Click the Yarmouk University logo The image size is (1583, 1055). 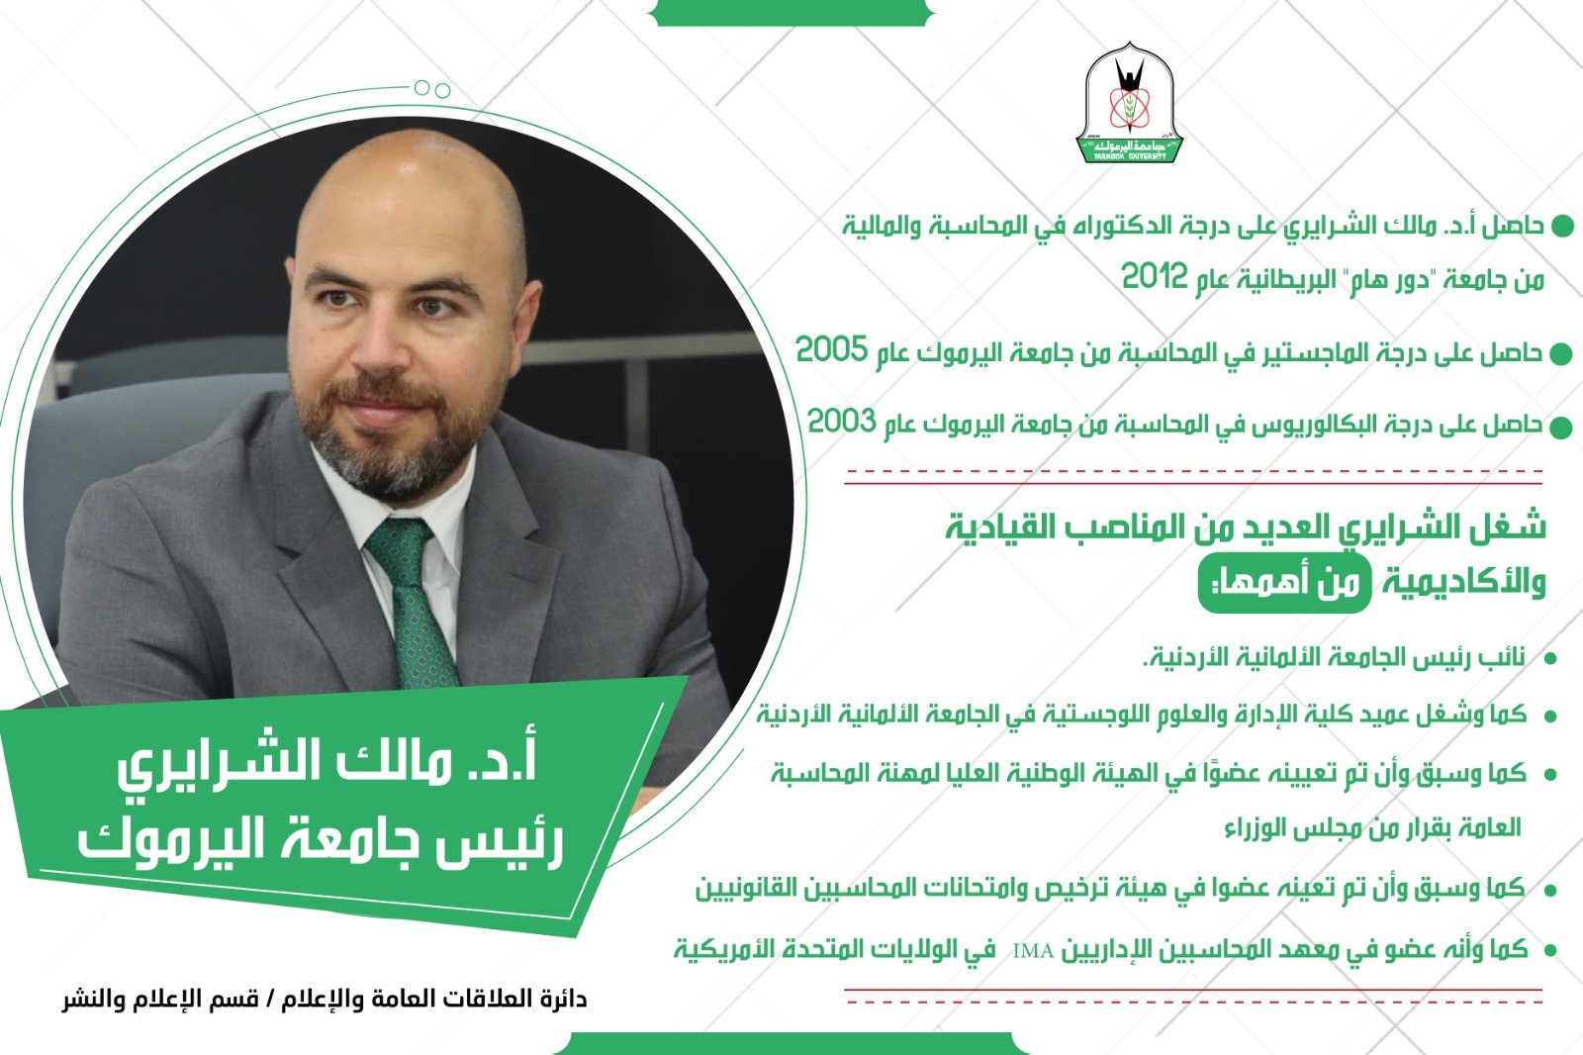pos(1129,103)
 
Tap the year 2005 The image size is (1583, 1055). pos(831,349)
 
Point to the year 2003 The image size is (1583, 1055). pos(842,422)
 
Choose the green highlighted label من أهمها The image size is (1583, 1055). pos(1284,584)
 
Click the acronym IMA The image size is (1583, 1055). pos(1033,951)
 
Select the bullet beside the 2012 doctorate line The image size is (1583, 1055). pos(1562,228)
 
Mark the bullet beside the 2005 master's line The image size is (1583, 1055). pos(1560,354)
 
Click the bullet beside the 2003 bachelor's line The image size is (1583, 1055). pos(1560,428)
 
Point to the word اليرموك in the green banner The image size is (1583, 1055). pos(164,841)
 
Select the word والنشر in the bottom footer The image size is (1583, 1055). pos(88,1000)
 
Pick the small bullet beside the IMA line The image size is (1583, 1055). pos(1550,951)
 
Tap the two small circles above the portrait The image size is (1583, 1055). pos(432,89)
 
